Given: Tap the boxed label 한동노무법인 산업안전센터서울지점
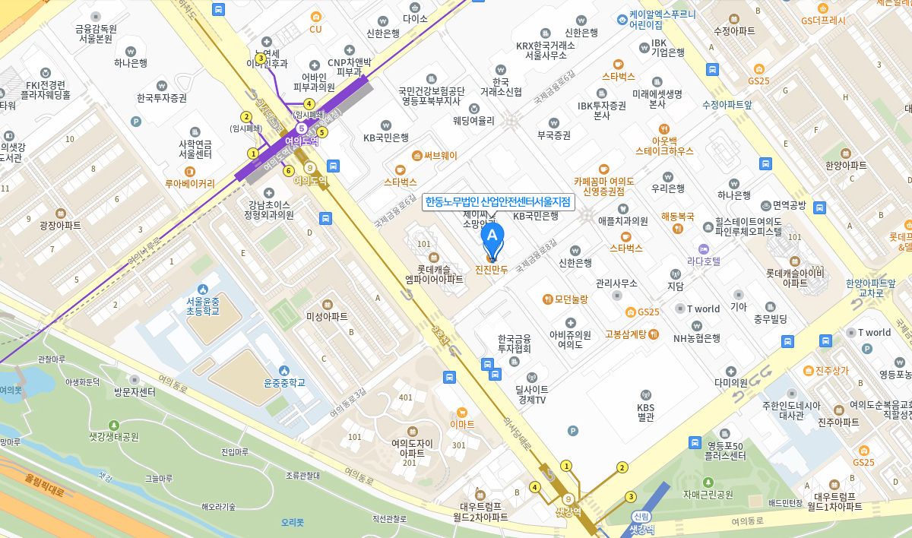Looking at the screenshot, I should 498,202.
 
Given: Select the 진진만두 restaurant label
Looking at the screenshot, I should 491,269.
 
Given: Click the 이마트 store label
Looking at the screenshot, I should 462,423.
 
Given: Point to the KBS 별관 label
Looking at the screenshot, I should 645,411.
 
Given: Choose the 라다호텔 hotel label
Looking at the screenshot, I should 704,261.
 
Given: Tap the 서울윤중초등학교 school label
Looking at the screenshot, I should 202,305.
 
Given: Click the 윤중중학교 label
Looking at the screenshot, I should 283,382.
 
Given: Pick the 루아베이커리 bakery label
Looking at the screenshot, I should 190,183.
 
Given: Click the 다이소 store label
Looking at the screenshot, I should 415,18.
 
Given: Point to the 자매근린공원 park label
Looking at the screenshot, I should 708,494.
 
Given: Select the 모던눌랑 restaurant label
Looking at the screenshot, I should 571,299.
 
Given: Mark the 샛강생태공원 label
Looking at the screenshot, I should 114,437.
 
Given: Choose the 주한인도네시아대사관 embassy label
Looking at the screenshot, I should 791,410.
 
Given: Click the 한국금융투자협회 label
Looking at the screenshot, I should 514,343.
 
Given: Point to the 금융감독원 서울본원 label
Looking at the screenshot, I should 96,33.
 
